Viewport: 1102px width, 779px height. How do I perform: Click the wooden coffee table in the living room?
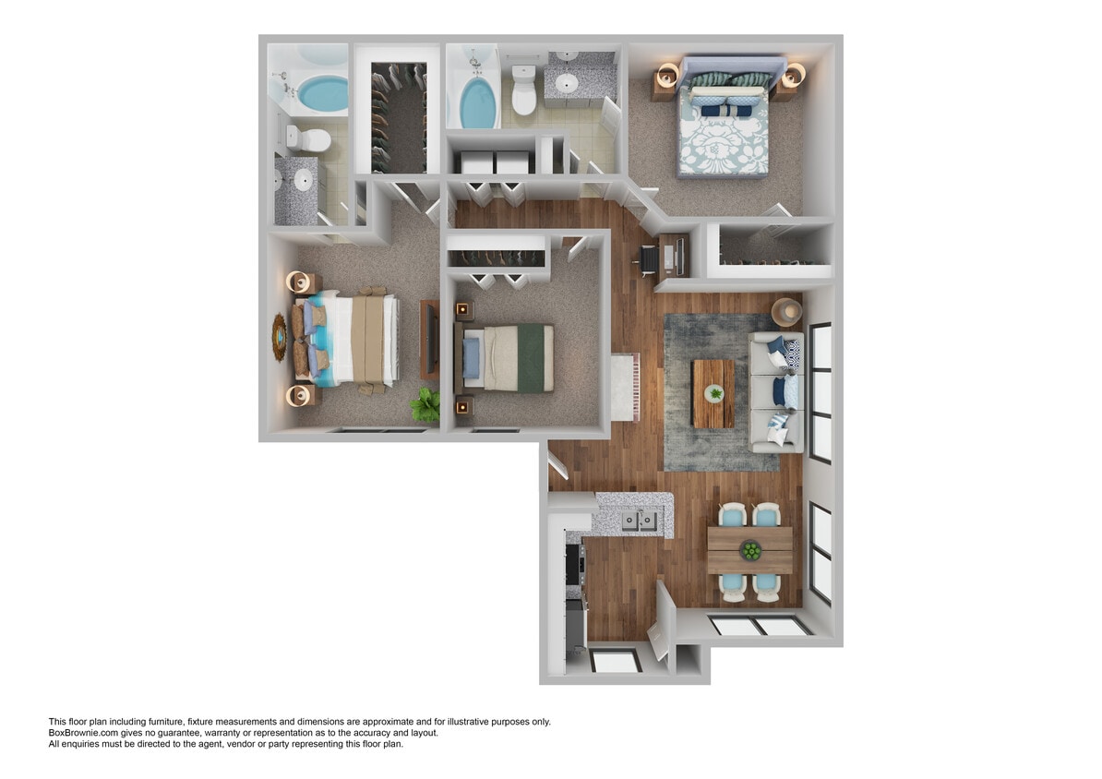pyautogui.click(x=713, y=393)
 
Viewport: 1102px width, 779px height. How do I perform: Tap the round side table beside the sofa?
pyautogui.click(x=787, y=311)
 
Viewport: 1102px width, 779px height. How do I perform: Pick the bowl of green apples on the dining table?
pyautogui.click(x=751, y=551)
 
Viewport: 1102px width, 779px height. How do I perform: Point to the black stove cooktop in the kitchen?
pyautogui.click(x=573, y=562)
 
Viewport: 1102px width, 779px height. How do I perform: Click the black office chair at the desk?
pyautogui.click(x=648, y=262)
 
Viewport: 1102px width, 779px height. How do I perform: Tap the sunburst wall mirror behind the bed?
pyautogui.click(x=280, y=339)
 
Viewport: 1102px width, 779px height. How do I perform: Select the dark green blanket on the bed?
pyautogui.click(x=533, y=357)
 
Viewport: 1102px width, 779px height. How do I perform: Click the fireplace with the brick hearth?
pyautogui.click(x=624, y=387)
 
